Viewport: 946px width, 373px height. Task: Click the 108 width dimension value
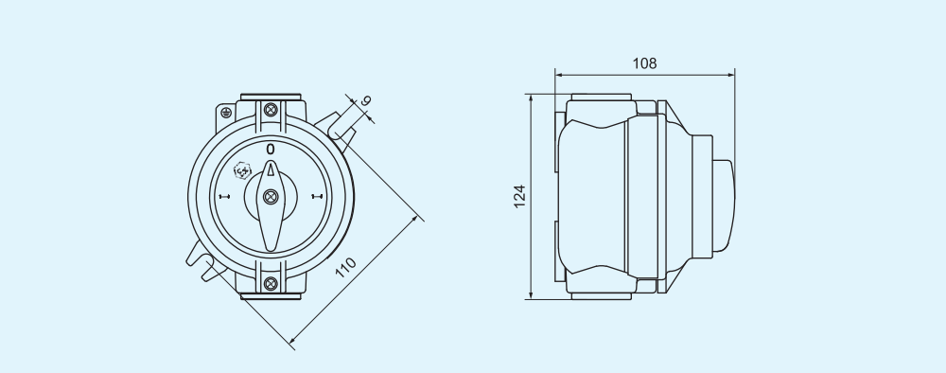[644, 63]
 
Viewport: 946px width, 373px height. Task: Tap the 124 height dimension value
[519, 196]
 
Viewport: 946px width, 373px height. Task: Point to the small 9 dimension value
[366, 101]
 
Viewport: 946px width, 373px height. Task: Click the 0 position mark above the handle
[271, 149]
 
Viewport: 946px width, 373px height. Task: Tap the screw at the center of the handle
[272, 197]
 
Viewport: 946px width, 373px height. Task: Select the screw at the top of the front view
[272, 110]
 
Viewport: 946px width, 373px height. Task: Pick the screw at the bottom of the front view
[272, 283]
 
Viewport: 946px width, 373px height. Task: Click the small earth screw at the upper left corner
[227, 111]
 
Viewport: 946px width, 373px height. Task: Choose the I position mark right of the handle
[317, 198]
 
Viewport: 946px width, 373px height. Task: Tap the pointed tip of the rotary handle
[272, 165]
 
